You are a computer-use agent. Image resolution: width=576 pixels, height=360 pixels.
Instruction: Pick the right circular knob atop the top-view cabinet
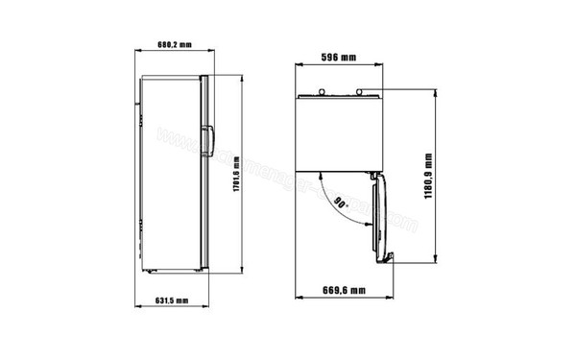click(361, 93)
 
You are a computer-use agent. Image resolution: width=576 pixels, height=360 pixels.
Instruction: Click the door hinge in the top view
click(372, 174)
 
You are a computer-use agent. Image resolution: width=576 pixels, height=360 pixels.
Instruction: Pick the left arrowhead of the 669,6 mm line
click(297, 298)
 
